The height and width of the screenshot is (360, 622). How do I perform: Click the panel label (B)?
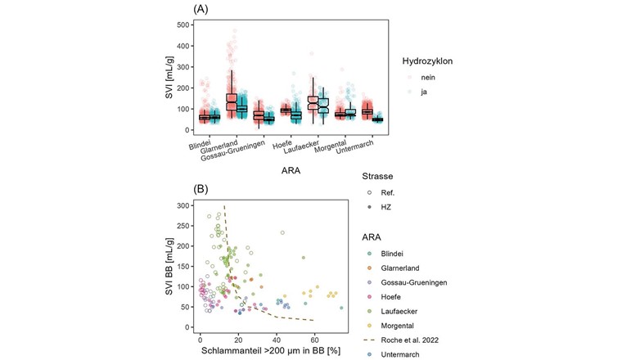click(x=201, y=188)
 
